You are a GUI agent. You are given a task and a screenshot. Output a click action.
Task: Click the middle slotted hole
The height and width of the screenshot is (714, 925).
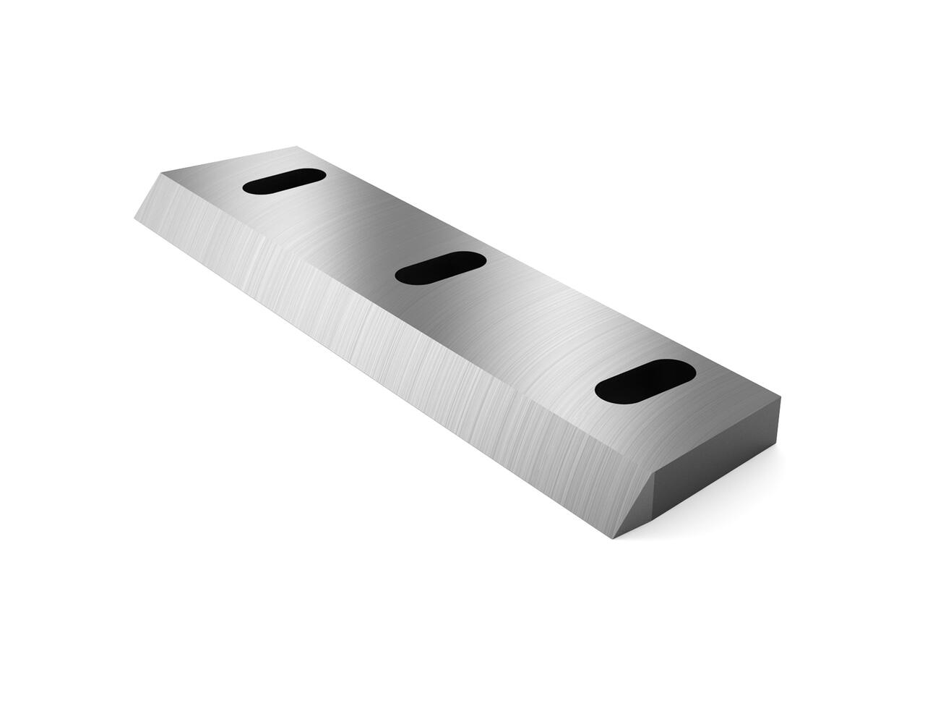click(440, 268)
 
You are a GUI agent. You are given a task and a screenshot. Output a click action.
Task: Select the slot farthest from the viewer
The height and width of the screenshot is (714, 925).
click(283, 181)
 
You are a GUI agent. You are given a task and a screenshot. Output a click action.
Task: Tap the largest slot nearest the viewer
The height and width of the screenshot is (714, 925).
click(645, 381)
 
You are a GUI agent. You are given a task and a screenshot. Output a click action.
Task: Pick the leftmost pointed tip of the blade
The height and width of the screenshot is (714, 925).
click(136, 215)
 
